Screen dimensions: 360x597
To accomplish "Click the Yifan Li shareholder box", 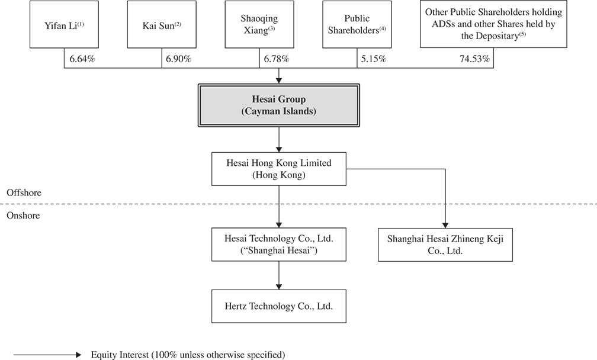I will click(x=64, y=25).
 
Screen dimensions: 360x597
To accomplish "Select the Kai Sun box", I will click(x=161, y=25).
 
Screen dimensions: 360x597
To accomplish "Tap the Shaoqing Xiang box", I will click(x=259, y=25).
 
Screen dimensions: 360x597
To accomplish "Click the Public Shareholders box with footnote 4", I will click(x=357, y=25).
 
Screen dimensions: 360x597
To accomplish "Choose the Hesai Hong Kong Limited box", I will click(x=280, y=169).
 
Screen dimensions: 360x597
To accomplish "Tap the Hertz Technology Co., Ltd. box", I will click(x=280, y=306).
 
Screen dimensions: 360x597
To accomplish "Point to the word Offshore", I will click(x=23, y=194).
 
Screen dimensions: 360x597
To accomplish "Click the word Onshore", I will click(x=23, y=216).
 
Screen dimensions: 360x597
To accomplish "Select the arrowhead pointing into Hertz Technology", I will click(x=280, y=286).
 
